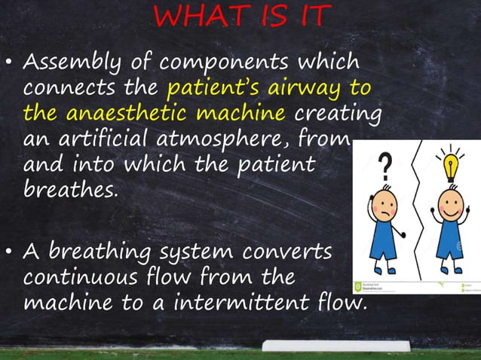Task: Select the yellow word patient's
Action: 208,89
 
